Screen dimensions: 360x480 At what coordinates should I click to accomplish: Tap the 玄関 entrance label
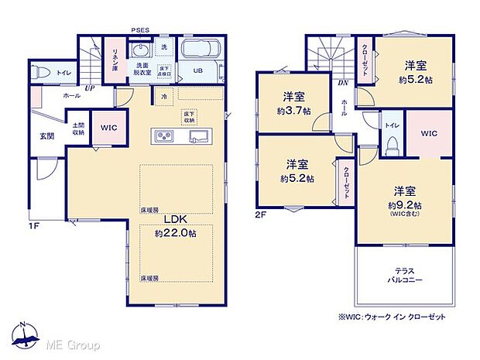47,136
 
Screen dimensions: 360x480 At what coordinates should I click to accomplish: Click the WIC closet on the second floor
429,133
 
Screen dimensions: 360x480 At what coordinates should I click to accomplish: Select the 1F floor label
36,228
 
